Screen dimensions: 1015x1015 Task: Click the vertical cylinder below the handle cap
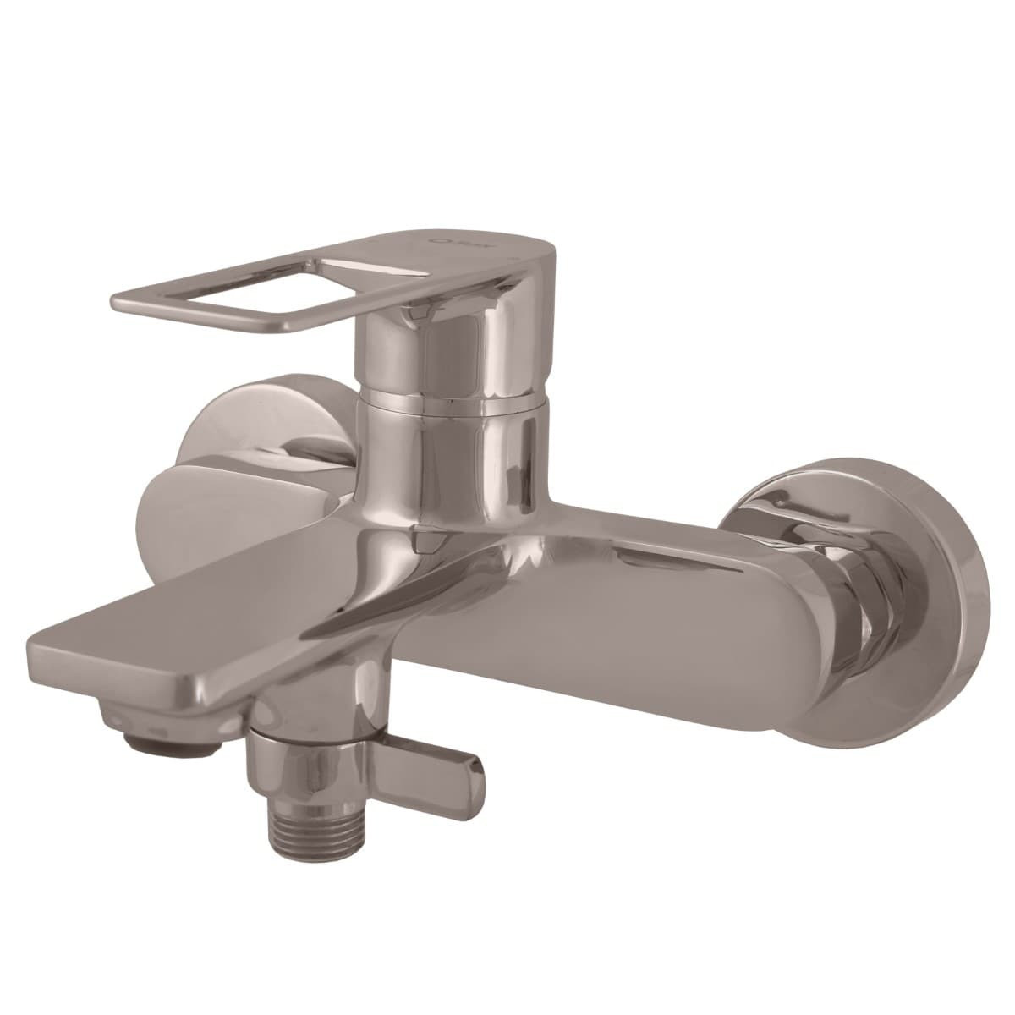click(x=448, y=457)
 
